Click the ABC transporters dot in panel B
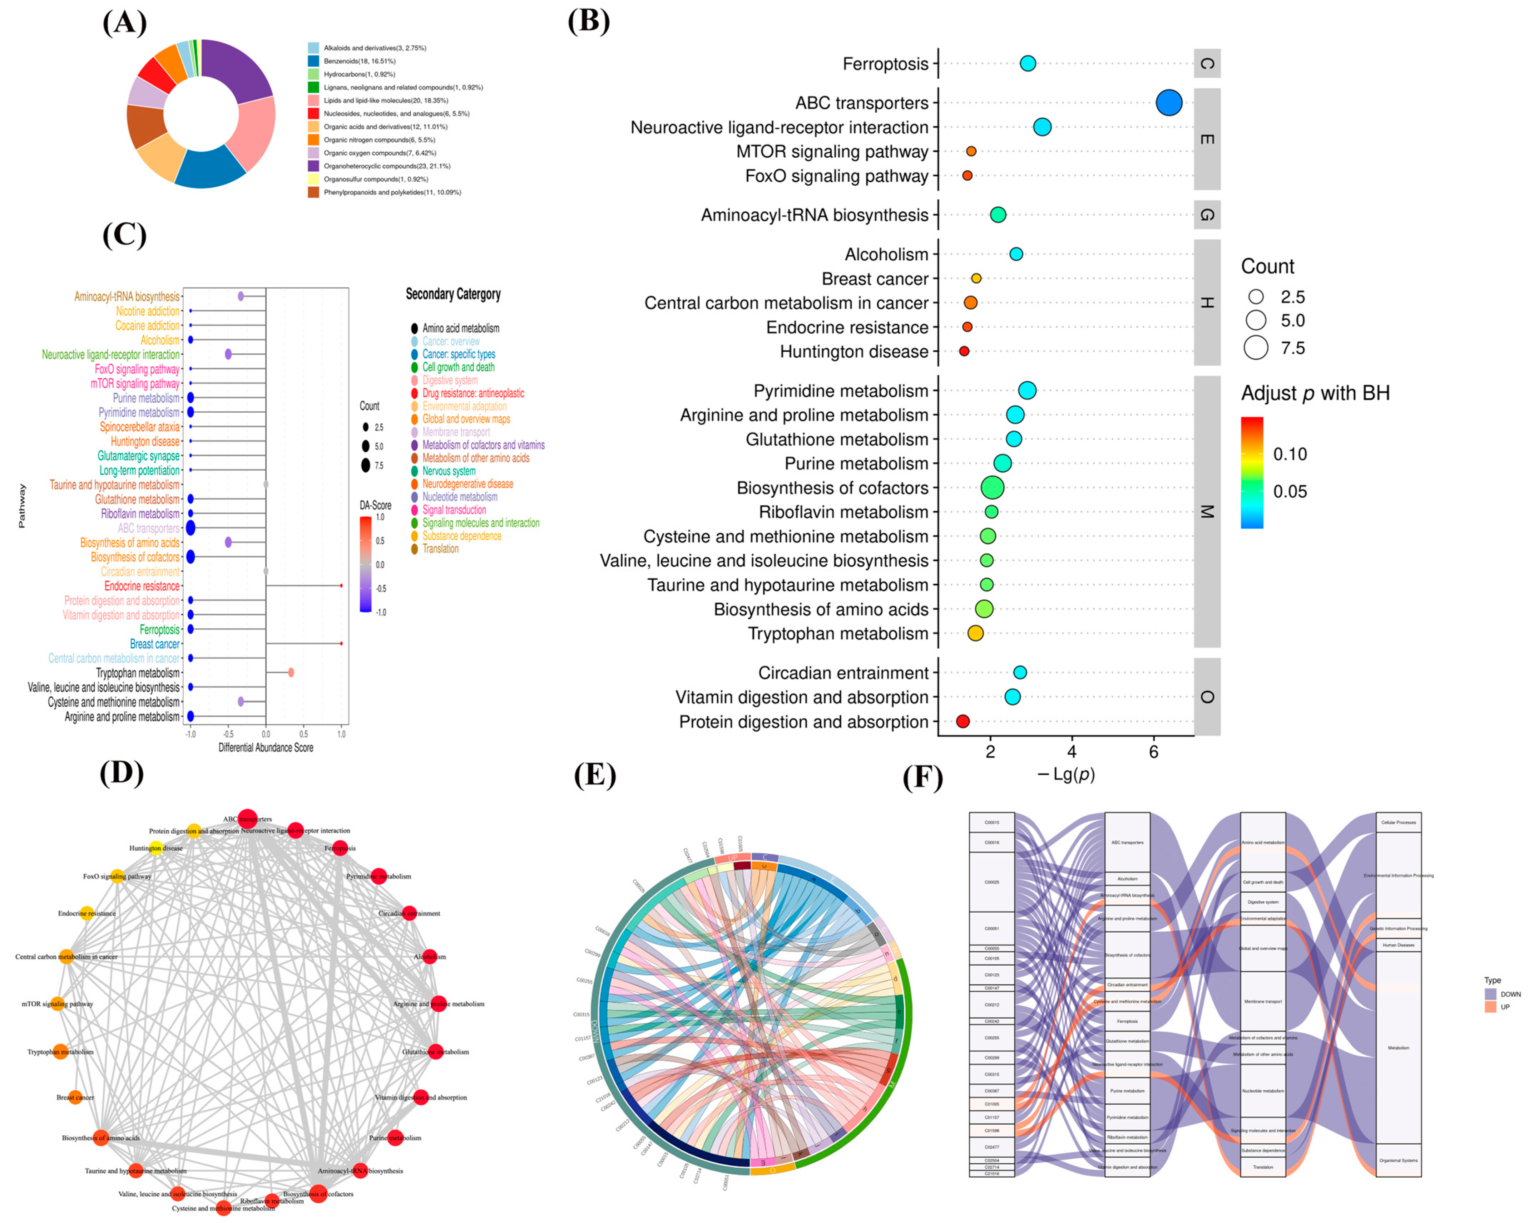pos(1169,103)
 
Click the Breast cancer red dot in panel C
pos(341,643)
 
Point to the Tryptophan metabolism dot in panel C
pos(291,673)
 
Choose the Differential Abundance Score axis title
pos(266,748)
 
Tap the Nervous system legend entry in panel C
pos(449,471)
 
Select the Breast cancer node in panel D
pos(75,1097)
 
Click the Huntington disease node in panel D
pos(156,848)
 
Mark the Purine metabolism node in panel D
pos(395,1138)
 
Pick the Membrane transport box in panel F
pos(1263,1001)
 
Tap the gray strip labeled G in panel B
pos(1207,215)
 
